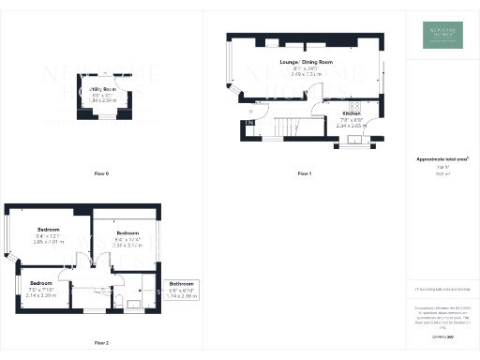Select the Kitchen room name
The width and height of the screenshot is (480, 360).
click(x=352, y=112)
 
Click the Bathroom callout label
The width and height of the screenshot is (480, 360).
click(x=182, y=283)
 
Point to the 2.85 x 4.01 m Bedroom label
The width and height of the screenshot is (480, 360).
click(x=49, y=230)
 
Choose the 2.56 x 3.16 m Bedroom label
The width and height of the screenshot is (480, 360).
click(x=127, y=232)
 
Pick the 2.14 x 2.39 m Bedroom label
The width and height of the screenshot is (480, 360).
click(x=41, y=283)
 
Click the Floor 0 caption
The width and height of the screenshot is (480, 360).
click(x=101, y=173)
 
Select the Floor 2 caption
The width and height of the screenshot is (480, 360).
click(x=101, y=343)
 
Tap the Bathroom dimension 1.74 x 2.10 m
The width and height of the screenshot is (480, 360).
click(x=182, y=296)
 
